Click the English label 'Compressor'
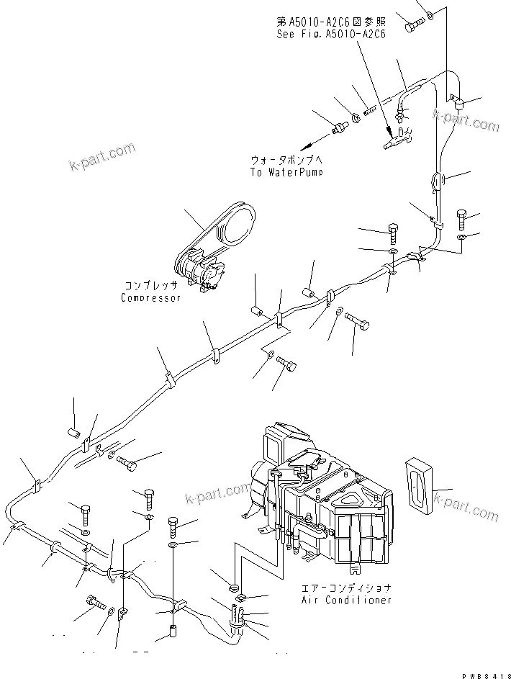[x=150, y=298]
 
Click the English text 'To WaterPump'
[x=286, y=173]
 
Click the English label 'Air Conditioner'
[x=348, y=599]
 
